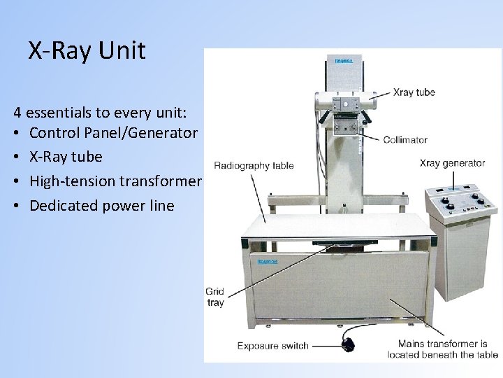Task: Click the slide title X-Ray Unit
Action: coord(87,51)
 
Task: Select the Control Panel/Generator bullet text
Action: coord(114,133)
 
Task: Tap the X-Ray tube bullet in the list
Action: coord(66,157)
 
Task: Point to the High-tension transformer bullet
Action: coord(115,181)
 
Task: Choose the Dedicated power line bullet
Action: coord(101,206)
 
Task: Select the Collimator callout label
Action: coord(405,140)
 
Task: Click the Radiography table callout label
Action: coord(254,166)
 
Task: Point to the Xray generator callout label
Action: coord(452,163)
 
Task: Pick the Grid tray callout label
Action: coord(214,297)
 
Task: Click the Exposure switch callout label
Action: coord(272,345)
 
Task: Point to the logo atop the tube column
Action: coord(343,60)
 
